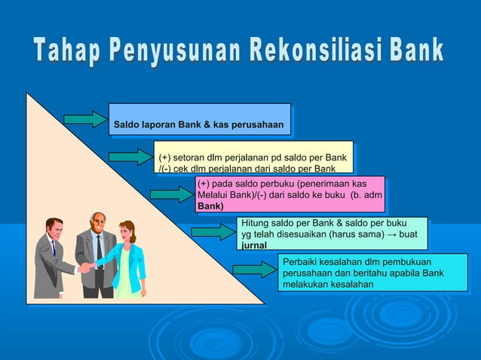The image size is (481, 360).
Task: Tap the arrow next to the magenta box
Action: pyautogui.click(x=171, y=194)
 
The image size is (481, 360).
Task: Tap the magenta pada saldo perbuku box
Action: pyautogui.click(x=290, y=194)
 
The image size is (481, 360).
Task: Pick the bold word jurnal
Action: pyautogui.click(x=255, y=246)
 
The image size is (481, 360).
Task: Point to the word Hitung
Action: pyautogui.click(x=256, y=224)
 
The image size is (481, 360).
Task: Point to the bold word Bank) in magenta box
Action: pyautogui.click(x=210, y=206)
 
